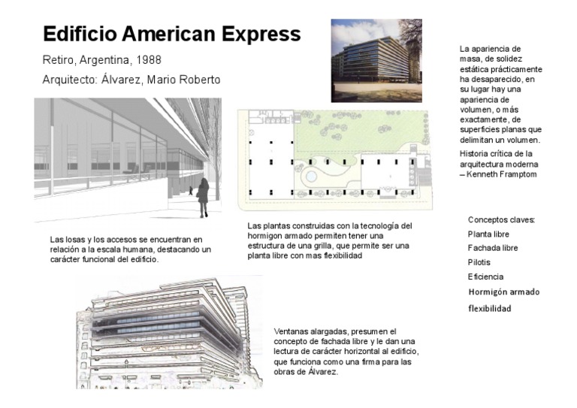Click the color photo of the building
point(376,60)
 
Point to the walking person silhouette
point(203,198)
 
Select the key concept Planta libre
point(488,234)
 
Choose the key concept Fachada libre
point(493,248)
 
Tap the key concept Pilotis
point(479,262)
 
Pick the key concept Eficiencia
point(485,277)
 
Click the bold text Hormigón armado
point(503,292)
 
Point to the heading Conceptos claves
point(501,219)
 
